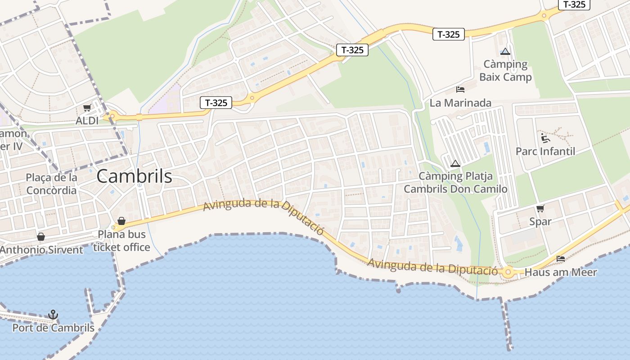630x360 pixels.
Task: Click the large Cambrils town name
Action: pyautogui.click(x=134, y=176)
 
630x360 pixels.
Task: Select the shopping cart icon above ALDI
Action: pyautogui.click(x=87, y=108)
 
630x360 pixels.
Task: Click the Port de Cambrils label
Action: pyautogui.click(x=53, y=328)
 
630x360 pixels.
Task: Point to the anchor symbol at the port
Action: pyautogui.click(x=53, y=315)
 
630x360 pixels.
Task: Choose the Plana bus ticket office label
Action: pyautogui.click(x=121, y=241)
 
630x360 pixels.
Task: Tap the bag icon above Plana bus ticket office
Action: pyautogui.click(x=121, y=221)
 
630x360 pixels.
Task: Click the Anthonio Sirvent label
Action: pyautogui.click(x=41, y=250)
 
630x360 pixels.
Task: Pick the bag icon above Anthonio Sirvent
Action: pyautogui.click(x=41, y=237)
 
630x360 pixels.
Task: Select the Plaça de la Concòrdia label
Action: pyautogui.click(x=51, y=184)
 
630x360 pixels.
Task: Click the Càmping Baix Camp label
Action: pyautogui.click(x=505, y=70)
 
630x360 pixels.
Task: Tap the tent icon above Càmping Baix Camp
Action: pyautogui.click(x=505, y=52)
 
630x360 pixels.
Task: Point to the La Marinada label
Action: pyautogui.click(x=460, y=103)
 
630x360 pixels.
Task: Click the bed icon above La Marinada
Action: pyautogui.click(x=460, y=90)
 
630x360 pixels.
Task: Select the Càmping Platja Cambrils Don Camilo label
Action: pyautogui.click(x=455, y=182)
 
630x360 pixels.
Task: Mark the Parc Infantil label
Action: pyautogui.click(x=545, y=151)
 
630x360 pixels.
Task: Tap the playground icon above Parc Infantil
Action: pyautogui.click(x=545, y=138)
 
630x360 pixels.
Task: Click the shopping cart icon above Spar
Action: pyautogui.click(x=540, y=208)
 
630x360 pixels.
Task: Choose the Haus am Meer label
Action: pyautogui.click(x=561, y=272)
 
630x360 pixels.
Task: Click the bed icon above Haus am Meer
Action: pyautogui.click(x=561, y=259)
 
